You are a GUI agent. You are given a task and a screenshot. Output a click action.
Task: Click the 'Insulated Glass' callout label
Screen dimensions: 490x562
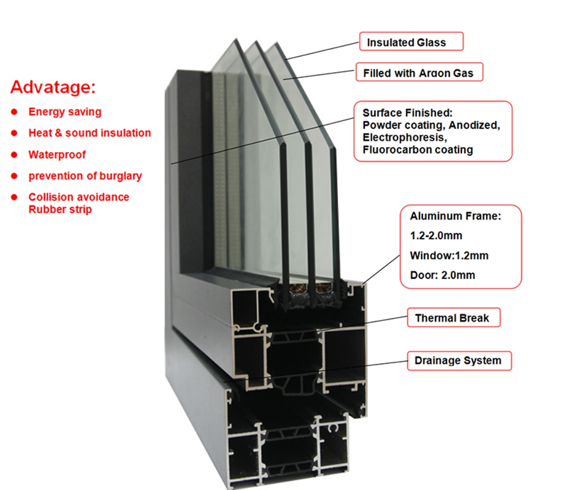[411, 42]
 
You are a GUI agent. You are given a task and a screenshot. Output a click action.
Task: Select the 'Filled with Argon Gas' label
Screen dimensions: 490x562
[418, 73]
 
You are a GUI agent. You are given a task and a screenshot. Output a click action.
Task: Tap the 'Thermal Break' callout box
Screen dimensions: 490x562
[452, 318]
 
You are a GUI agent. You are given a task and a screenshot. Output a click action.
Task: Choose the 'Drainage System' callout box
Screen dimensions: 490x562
[458, 361]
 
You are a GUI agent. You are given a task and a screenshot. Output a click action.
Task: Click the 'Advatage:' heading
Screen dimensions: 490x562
[53, 87]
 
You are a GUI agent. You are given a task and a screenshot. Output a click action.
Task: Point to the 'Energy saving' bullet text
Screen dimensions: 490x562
[65, 112]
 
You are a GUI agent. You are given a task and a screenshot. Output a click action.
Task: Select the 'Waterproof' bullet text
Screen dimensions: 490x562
[57, 155]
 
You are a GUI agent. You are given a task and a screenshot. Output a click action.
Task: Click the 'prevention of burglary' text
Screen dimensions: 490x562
[85, 176]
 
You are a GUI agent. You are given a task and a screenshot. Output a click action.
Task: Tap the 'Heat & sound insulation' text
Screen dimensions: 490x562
[89, 133]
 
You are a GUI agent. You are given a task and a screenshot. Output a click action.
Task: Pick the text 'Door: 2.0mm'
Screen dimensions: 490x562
[442, 275]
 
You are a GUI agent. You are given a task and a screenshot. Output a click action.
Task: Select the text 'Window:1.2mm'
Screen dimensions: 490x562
[449, 255]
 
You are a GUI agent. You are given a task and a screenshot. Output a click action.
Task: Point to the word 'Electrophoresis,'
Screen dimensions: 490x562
[403, 137]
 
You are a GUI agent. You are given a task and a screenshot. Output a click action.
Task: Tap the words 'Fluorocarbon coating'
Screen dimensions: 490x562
[417, 150]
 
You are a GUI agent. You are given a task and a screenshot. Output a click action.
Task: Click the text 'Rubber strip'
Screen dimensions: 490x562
[60, 209]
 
